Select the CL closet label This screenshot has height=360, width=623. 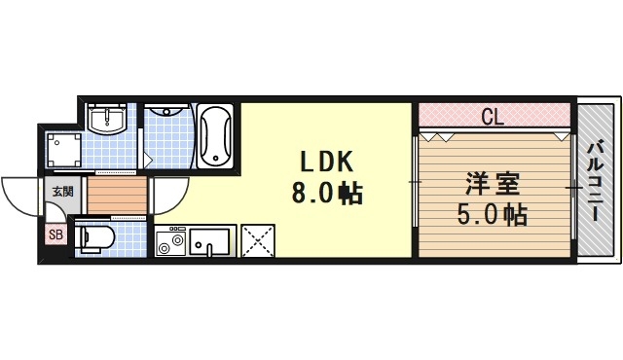pos(493,118)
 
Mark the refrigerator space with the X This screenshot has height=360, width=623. pos(257,240)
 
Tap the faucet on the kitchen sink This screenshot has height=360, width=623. pos(209,249)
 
